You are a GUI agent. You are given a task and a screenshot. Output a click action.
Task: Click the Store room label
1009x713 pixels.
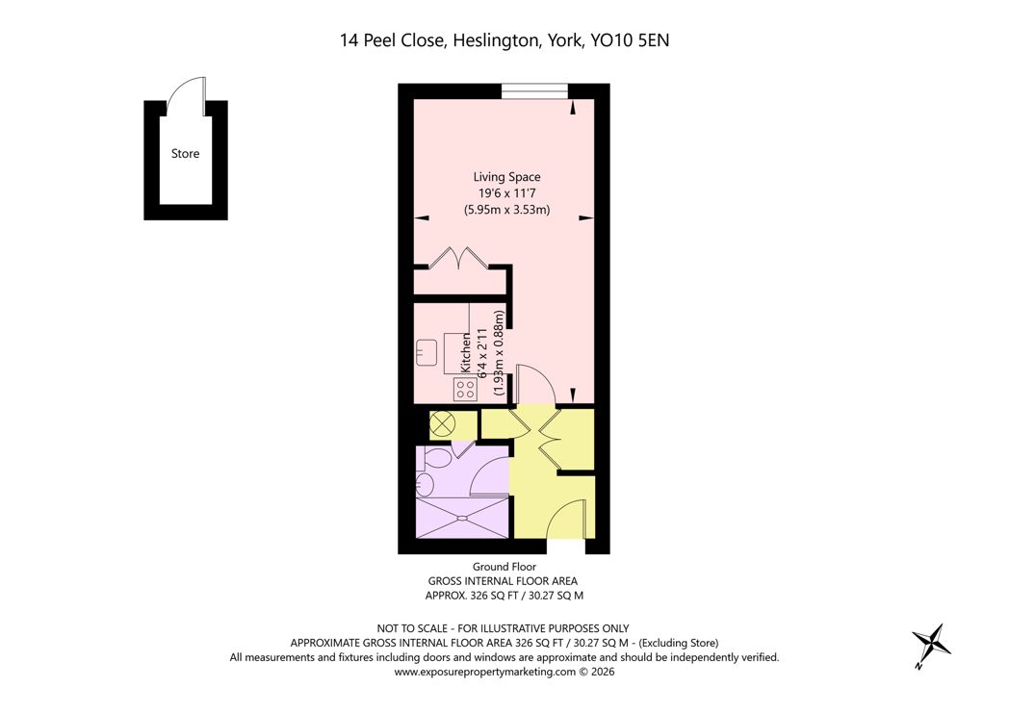tap(185, 154)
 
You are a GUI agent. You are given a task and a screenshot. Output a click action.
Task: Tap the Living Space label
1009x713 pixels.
tap(507, 177)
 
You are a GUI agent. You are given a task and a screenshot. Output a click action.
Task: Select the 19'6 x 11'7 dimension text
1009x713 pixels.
tap(507, 192)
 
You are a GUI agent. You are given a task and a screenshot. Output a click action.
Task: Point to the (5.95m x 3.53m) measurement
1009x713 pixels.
tap(507, 210)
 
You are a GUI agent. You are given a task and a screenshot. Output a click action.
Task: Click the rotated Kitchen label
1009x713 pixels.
tap(466, 352)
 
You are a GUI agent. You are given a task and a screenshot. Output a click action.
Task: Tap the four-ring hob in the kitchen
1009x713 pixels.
tap(465, 389)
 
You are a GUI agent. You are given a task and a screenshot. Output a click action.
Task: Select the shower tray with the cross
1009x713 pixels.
tap(463, 517)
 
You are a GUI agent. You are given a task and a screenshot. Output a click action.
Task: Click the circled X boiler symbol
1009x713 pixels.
tap(443, 424)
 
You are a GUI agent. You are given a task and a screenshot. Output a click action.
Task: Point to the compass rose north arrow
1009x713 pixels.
tap(930, 645)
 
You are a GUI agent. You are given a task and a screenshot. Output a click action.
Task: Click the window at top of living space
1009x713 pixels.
tap(534, 92)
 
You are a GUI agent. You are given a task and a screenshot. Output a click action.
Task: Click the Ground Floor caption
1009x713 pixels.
tap(504, 567)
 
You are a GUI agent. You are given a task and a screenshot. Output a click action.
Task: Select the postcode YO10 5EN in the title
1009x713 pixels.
tap(630, 40)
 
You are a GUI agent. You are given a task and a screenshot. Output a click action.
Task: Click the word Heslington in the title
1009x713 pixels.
tap(496, 40)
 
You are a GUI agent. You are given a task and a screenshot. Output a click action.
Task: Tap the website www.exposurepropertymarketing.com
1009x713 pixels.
tap(484, 672)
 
